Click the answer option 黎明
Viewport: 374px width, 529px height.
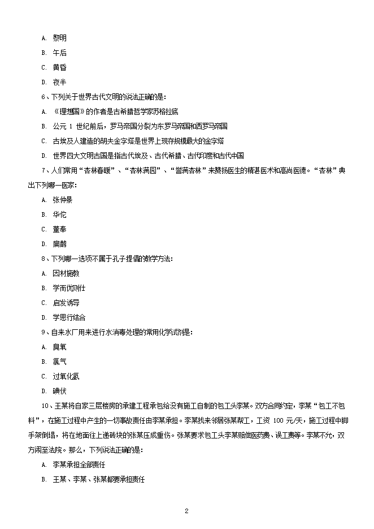[59, 38]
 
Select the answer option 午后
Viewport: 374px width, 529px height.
[59, 53]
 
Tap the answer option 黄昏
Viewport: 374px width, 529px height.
[59, 67]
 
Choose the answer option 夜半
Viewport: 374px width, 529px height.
[59, 82]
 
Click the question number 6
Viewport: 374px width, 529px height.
[45, 97]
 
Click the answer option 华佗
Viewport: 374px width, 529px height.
[59, 214]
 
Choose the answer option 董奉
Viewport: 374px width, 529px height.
[59, 229]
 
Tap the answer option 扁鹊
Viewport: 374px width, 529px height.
[59, 244]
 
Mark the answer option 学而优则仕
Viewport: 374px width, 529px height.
[69, 288]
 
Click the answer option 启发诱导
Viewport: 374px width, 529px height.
[66, 303]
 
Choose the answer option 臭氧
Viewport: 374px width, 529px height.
[59, 347]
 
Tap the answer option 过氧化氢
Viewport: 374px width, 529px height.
[66, 376]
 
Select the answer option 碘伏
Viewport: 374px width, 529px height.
[59, 391]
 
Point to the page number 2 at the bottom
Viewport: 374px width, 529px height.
[186, 511]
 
